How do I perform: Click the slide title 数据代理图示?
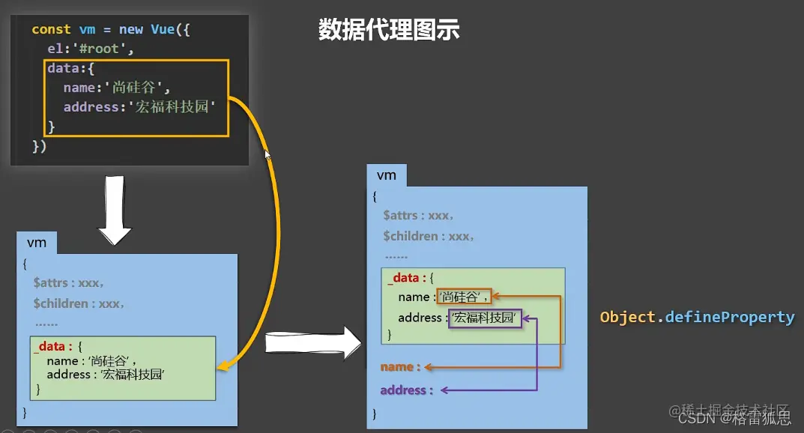click(x=388, y=30)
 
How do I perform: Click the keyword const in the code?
click(x=52, y=29)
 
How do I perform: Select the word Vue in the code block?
click(x=162, y=29)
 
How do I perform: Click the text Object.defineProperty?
click(x=697, y=317)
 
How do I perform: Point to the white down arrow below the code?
click(x=115, y=211)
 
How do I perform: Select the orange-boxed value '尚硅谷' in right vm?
click(x=464, y=297)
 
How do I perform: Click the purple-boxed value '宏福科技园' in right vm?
click(x=485, y=318)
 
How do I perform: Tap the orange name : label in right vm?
click(x=401, y=367)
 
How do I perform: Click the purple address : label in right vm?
click(x=406, y=390)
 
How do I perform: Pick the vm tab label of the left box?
click(x=36, y=243)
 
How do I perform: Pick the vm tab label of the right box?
click(x=386, y=175)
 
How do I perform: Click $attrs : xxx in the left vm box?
click(x=68, y=283)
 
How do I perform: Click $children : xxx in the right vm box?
click(x=428, y=236)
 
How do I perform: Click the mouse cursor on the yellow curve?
click(x=268, y=154)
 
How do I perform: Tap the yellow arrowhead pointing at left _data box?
click(x=223, y=366)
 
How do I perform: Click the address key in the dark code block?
click(x=88, y=107)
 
